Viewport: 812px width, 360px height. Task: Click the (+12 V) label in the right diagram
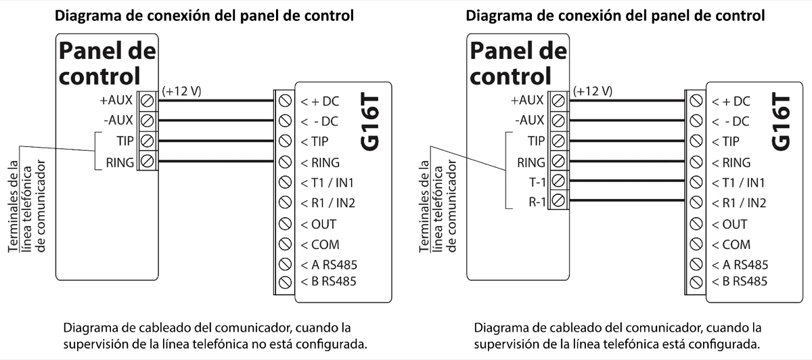(x=593, y=90)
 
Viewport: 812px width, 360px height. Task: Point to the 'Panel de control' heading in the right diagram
(x=519, y=62)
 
